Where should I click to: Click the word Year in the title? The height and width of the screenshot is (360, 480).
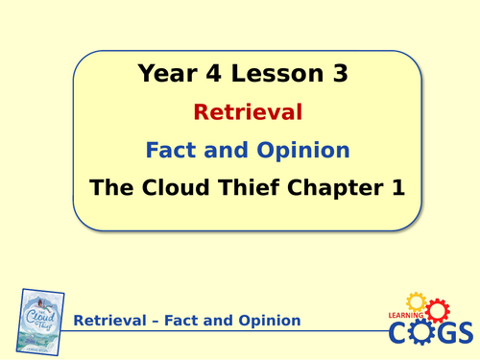(x=166, y=73)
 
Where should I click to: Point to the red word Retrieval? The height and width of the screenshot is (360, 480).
(x=248, y=112)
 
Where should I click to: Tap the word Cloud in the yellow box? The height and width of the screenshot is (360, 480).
(x=168, y=188)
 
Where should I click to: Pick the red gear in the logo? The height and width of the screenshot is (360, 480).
(x=437, y=310)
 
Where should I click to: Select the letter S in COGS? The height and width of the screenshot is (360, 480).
(x=463, y=332)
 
